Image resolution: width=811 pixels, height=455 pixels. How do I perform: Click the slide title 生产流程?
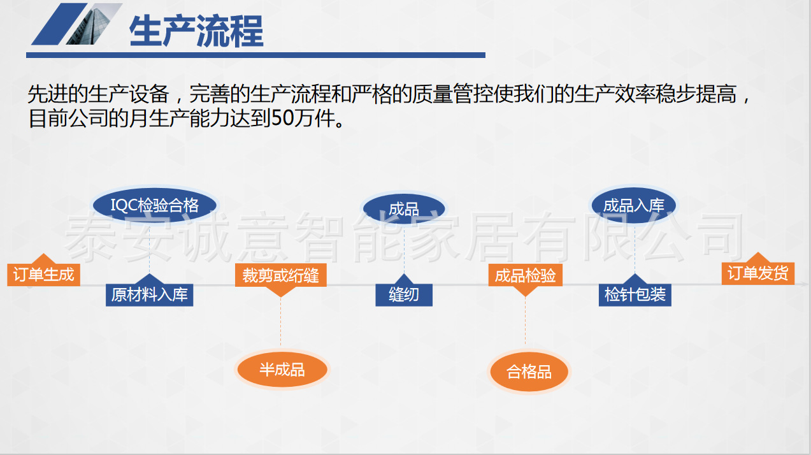(x=196, y=31)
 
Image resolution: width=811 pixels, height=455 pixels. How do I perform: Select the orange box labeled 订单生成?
(x=43, y=274)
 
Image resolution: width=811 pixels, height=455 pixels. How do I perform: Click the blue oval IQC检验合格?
(x=155, y=205)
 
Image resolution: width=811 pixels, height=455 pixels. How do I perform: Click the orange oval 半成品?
(x=282, y=370)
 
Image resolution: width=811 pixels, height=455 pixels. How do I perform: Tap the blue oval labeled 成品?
(x=404, y=209)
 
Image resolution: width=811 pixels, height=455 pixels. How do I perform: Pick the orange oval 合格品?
(x=529, y=372)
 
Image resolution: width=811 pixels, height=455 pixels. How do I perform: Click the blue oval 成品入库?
(x=634, y=205)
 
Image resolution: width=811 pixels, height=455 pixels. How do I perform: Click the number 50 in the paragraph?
(x=282, y=118)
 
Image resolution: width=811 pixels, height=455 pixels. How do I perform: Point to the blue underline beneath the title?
(x=255, y=55)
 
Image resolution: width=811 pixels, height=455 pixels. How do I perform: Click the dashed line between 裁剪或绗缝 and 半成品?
(x=280, y=321)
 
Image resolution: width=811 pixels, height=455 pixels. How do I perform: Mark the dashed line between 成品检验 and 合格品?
(x=526, y=321)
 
